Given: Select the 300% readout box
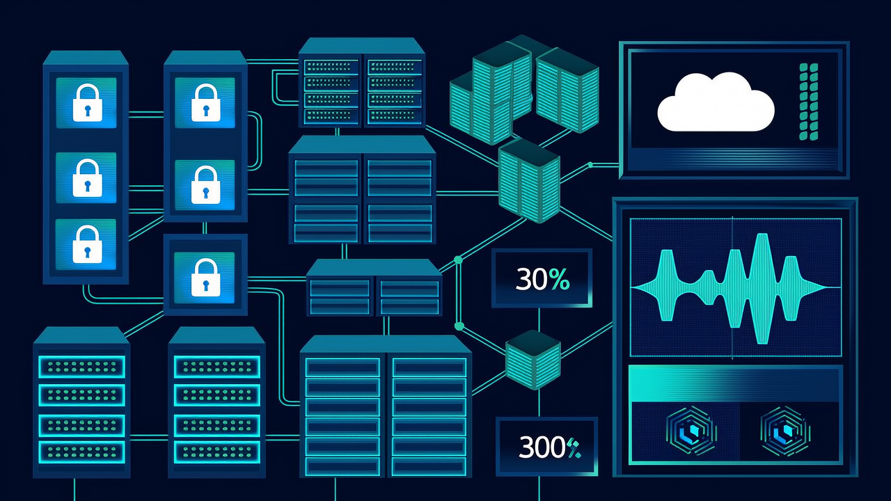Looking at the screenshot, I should (546, 446).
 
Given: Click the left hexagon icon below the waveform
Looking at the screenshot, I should (691, 431).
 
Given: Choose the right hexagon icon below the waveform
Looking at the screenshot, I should (784, 431).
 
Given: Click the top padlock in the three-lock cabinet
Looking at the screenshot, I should (88, 102).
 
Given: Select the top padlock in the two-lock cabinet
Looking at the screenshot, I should (205, 102).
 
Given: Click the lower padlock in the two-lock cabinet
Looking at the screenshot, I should (205, 184).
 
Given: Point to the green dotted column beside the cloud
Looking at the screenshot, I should (808, 102).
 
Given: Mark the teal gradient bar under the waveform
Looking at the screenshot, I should (735, 383).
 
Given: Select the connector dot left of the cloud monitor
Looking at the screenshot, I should (590, 165).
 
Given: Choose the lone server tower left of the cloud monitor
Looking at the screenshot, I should (529, 180).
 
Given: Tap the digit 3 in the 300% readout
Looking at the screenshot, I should (526, 447).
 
